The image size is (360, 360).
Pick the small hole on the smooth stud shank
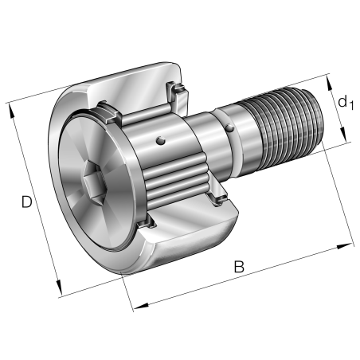[x=229, y=126]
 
